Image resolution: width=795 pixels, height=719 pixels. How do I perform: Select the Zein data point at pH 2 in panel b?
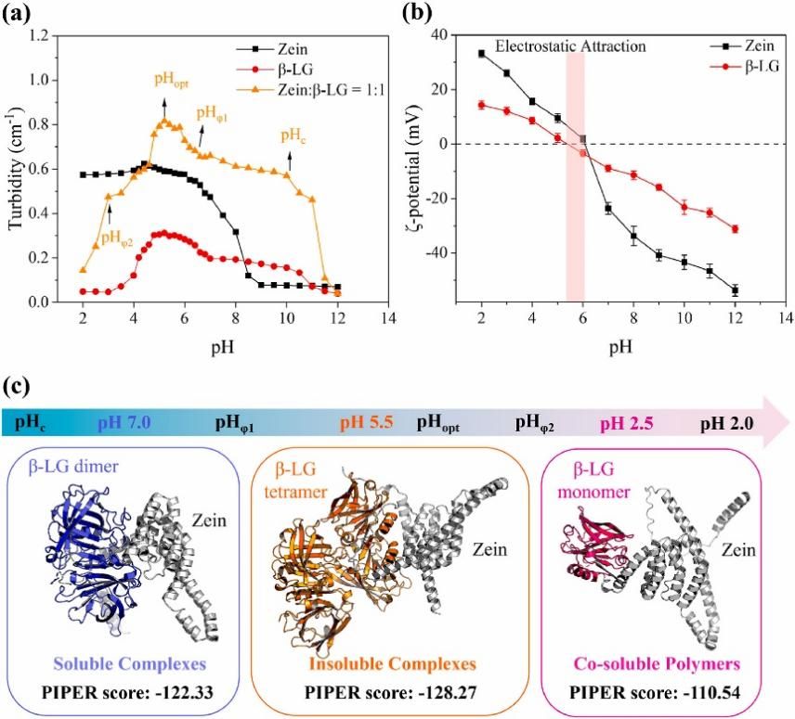[481, 54]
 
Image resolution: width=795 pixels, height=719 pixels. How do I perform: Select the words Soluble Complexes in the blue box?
[130, 664]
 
